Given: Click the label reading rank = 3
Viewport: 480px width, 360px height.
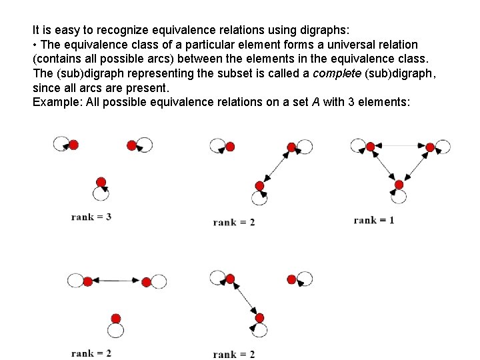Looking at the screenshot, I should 91,217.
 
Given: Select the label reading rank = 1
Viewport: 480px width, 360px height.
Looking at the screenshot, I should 374,220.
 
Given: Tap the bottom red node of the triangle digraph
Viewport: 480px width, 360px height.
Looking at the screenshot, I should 399,185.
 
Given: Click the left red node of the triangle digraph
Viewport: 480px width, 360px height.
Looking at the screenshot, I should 369,146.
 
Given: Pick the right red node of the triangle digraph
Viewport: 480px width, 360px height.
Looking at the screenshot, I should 431,147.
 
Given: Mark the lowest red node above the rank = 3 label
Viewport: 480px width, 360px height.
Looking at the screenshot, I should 101,182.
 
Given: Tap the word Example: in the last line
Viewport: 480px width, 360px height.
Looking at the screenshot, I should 55,102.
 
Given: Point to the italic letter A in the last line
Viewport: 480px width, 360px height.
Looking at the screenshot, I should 315,102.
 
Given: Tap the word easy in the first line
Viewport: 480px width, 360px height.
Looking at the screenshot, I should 65,30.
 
